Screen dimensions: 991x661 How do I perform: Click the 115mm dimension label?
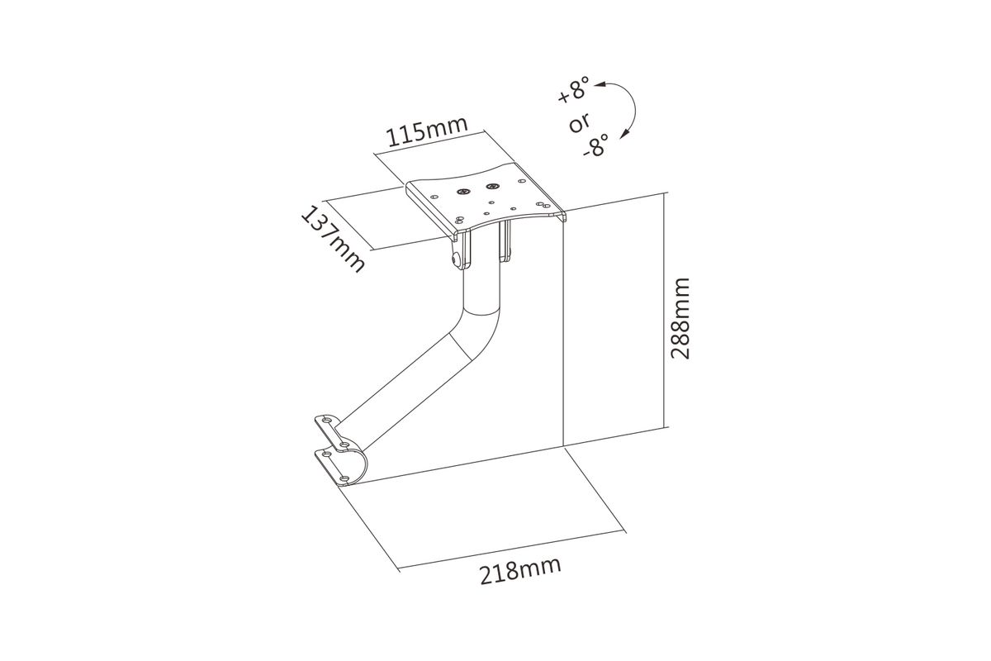(x=428, y=131)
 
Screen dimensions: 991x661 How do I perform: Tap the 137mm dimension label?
(x=333, y=239)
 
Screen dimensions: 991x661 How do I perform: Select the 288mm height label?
(x=680, y=318)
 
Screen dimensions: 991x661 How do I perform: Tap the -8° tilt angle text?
(x=595, y=145)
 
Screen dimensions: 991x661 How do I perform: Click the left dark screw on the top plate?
(x=462, y=191)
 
